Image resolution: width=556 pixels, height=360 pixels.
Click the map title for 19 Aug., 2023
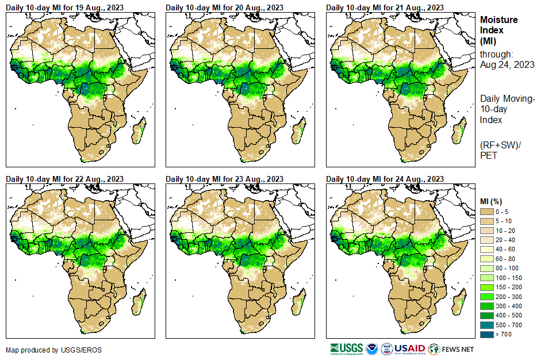tap(64, 7)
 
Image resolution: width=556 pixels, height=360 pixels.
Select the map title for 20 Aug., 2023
tap(224, 7)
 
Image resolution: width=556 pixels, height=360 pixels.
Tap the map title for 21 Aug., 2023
tap(385, 7)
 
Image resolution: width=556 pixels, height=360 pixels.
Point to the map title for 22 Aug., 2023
tap(64, 179)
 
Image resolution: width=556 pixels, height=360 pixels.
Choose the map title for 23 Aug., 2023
tap(224, 179)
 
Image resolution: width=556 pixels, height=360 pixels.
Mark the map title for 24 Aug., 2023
tap(385, 179)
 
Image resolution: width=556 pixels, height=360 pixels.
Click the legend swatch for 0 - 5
tap(487, 212)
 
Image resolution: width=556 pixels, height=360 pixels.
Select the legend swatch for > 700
tap(487, 334)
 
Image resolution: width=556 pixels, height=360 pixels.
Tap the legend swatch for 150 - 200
tap(487, 287)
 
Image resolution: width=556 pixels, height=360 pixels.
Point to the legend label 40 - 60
tap(507, 250)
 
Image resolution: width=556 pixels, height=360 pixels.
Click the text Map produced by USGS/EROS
tap(46, 350)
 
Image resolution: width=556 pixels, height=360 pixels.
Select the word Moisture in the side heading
tap(499, 20)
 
